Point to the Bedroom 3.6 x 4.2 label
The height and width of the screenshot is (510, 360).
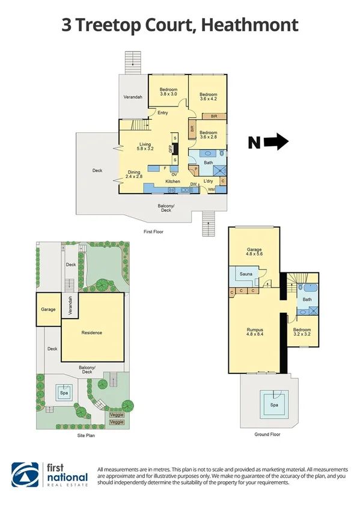[x=208, y=97]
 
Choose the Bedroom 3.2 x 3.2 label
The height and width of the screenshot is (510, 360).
[x=302, y=333]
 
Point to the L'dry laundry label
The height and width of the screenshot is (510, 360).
[x=209, y=181]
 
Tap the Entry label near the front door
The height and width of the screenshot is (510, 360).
[x=162, y=113]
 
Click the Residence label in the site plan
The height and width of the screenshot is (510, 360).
[x=92, y=333]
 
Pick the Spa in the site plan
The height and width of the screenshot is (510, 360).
[x=63, y=394]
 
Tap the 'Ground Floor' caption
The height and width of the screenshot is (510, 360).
[x=267, y=434]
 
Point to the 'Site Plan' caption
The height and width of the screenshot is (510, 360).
[x=86, y=434]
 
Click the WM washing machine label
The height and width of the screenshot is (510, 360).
[x=210, y=191]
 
